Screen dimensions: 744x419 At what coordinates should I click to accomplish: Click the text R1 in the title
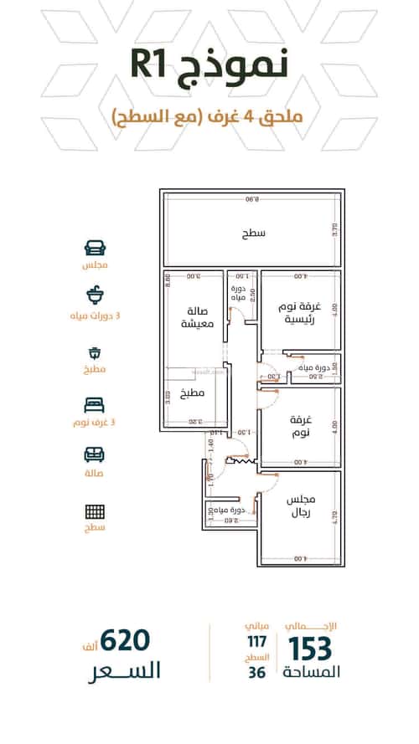tap(156, 65)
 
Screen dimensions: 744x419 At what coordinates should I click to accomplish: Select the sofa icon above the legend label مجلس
tap(95, 248)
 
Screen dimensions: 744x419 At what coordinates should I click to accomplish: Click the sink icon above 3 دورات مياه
tap(95, 295)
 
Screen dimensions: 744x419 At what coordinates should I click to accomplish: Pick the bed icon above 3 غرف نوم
tap(95, 404)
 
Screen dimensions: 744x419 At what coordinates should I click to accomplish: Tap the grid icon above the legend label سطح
tap(95, 511)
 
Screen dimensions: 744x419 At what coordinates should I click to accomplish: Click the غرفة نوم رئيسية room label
tap(297, 314)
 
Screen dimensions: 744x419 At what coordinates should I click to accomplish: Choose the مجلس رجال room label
tap(298, 505)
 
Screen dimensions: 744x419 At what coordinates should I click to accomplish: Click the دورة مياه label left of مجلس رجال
tap(227, 510)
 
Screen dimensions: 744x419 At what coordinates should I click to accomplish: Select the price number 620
tap(124, 641)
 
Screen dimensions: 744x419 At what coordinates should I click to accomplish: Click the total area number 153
tap(311, 649)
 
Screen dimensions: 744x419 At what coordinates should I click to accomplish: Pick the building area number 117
tap(255, 642)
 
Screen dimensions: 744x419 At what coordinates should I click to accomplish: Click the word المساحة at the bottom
tap(311, 673)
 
